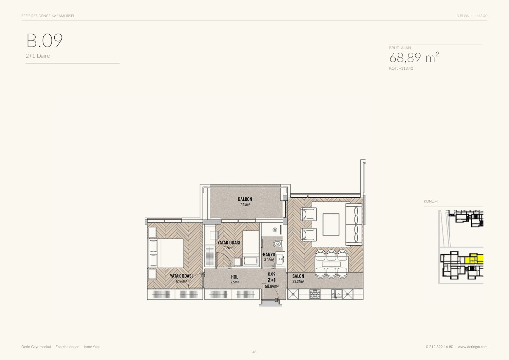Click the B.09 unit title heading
(x=44, y=40)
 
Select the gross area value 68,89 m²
(x=414, y=57)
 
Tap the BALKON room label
(x=245, y=199)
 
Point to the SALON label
(x=298, y=276)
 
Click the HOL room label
(x=235, y=277)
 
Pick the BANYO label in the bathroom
(x=269, y=254)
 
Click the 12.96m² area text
(x=181, y=281)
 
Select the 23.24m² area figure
(x=298, y=281)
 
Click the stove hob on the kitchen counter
(x=315, y=294)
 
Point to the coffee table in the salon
(x=331, y=224)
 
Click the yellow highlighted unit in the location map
(x=474, y=259)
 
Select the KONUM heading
(x=430, y=201)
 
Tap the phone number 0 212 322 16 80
(x=439, y=347)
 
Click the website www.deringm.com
(x=472, y=347)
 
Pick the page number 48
(x=254, y=352)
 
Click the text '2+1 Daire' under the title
(x=37, y=56)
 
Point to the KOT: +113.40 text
(x=401, y=68)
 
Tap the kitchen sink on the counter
(x=336, y=294)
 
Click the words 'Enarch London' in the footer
(x=68, y=347)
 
